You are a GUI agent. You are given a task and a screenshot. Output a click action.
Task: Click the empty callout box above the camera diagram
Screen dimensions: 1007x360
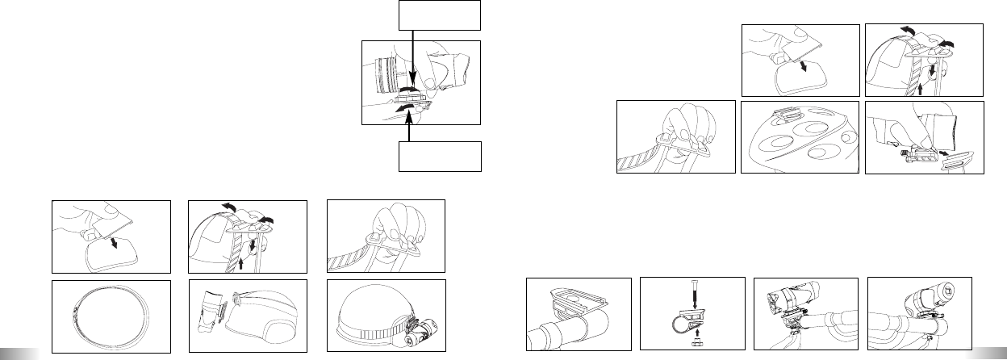[x=440, y=15]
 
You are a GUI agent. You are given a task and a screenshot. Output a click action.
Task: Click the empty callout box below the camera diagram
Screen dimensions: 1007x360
[x=440, y=157]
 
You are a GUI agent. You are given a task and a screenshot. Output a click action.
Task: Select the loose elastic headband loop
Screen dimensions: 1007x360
[x=111, y=317]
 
